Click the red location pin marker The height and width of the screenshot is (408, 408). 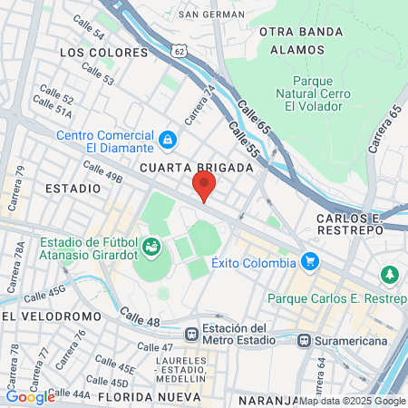click(204, 186)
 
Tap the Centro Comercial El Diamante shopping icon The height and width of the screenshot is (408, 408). click(167, 140)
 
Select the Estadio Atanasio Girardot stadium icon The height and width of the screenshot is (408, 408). click(151, 246)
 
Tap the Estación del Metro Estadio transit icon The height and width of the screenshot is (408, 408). click(191, 333)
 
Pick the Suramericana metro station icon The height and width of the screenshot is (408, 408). click(305, 341)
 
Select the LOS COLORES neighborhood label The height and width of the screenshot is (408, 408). click(91, 53)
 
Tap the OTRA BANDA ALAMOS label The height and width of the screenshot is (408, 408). click(302, 42)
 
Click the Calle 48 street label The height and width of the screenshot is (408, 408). click(140, 316)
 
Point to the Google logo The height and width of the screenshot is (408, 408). click(30, 396)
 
